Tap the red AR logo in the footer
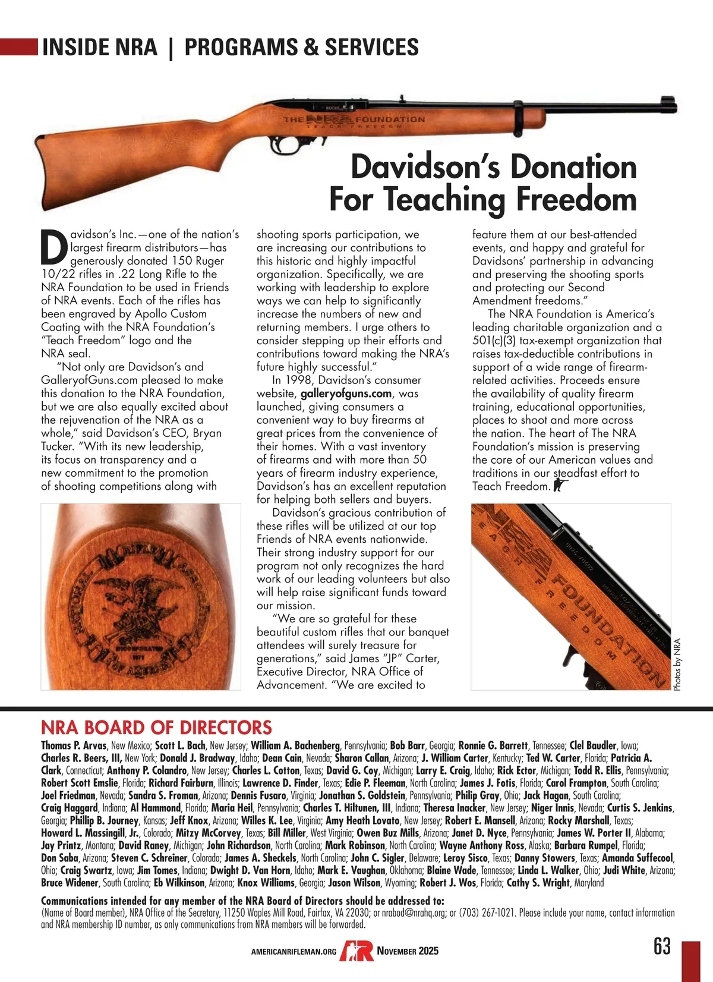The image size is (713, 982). tap(356, 950)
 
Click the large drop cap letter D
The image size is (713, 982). tap(54, 248)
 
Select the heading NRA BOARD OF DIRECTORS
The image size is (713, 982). tap(156, 728)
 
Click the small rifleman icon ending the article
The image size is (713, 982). tap(560, 485)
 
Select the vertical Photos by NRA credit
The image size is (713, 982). tap(677, 665)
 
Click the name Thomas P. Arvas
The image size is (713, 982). tap(74, 745)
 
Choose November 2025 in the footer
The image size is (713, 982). tap(408, 950)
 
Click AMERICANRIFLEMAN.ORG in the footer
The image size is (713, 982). tap(294, 952)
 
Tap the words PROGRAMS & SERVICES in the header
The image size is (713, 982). tap(301, 47)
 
